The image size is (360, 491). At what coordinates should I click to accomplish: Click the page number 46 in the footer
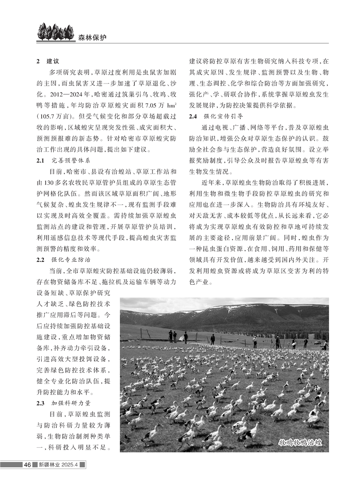27,465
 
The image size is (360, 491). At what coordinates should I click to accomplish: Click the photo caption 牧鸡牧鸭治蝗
301,443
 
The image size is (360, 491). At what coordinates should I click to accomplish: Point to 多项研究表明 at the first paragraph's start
69,72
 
